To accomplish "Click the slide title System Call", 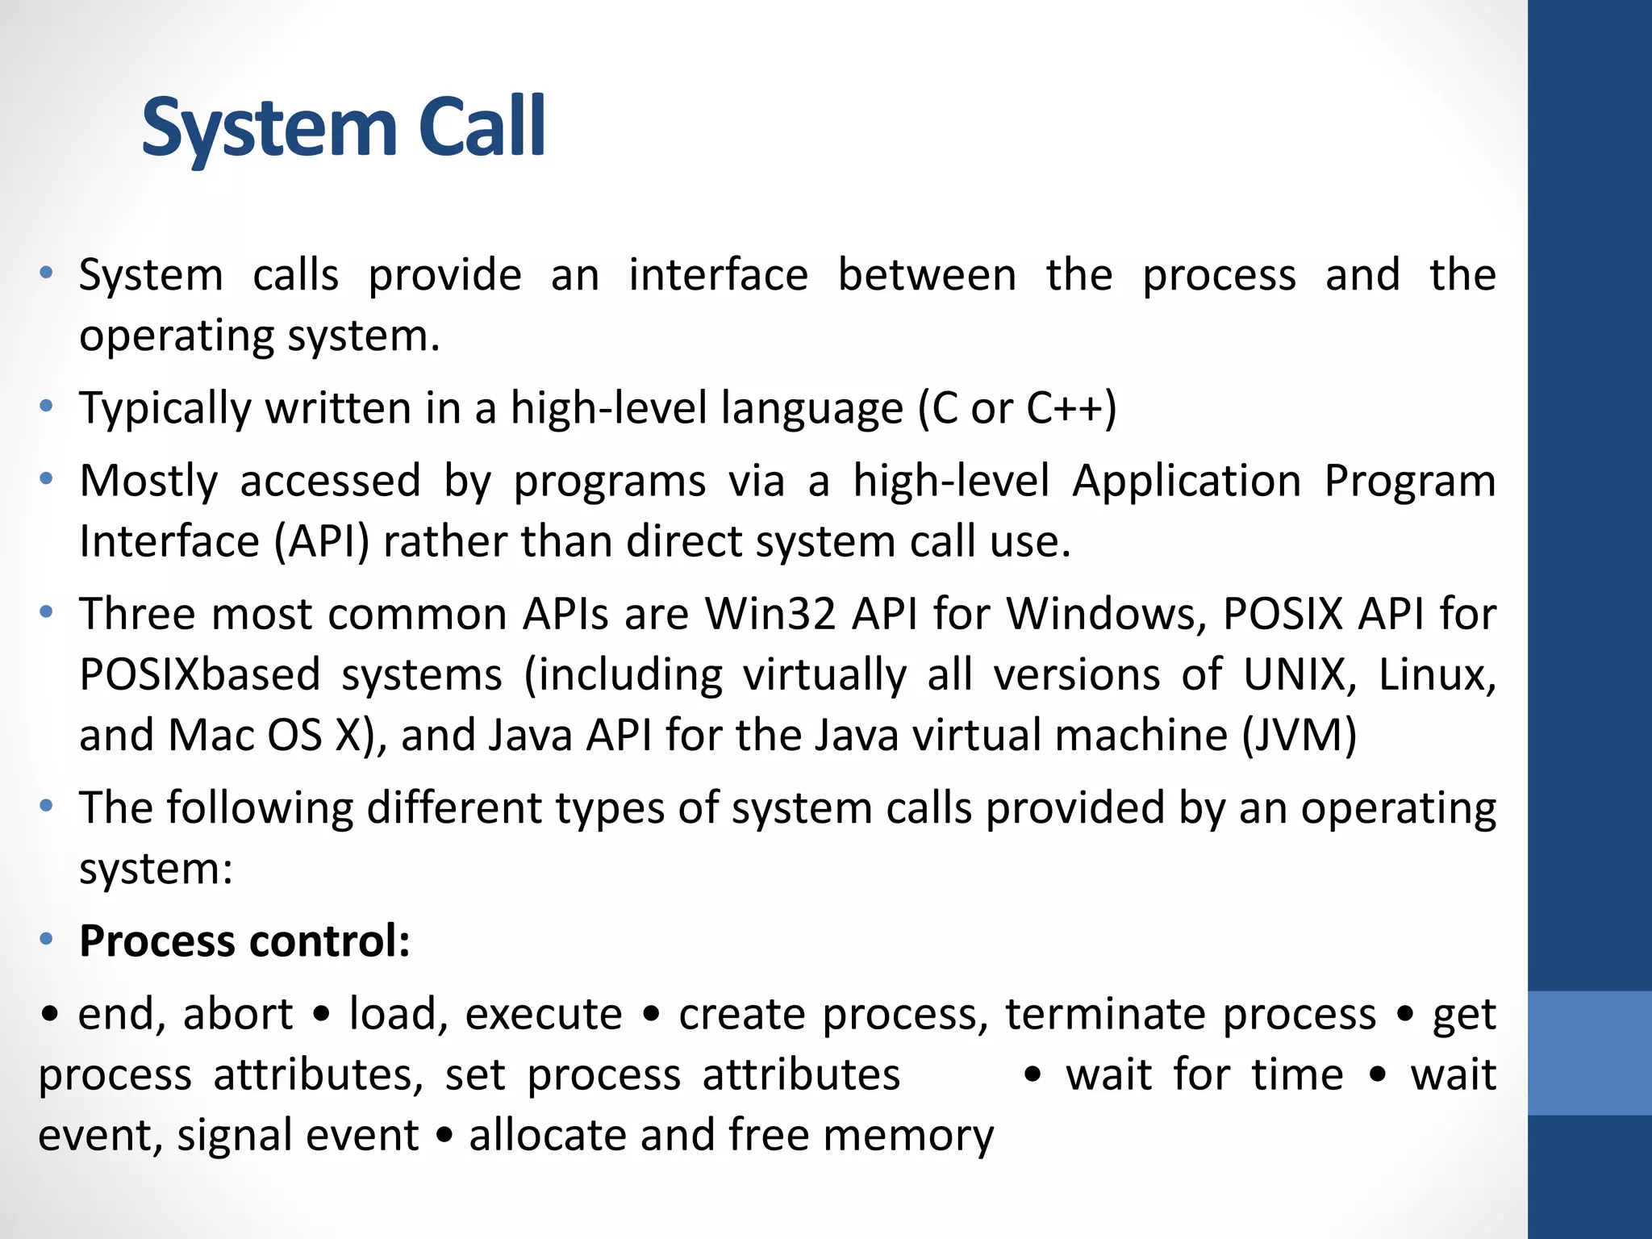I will point(344,127).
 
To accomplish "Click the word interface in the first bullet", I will point(718,275).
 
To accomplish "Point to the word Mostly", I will point(148,482).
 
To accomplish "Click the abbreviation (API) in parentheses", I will point(321,541).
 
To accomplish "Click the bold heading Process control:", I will point(244,941).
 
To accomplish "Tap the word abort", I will point(237,1014).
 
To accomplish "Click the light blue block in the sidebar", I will point(1589,1053).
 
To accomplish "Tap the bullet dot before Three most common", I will point(47,612).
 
